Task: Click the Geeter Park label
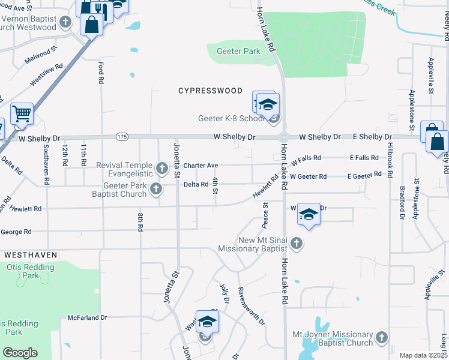(x=238, y=52)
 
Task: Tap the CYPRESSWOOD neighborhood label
(x=211, y=91)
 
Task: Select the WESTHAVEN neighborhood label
(x=31, y=255)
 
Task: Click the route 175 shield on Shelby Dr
(x=122, y=137)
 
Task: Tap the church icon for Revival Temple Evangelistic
(x=161, y=167)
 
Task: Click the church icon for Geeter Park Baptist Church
(x=156, y=189)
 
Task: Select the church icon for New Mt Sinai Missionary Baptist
(x=296, y=243)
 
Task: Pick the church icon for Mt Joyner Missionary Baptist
(x=381, y=338)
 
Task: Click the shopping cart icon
(x=22, y=113)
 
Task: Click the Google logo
(x=20, y=353)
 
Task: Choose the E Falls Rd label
(x=364, y=158)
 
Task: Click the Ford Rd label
(x=101, y=71)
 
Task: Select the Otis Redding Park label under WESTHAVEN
(x=26, y=271)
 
